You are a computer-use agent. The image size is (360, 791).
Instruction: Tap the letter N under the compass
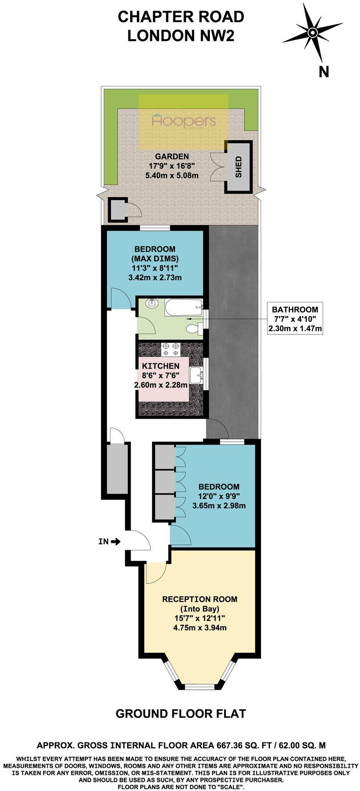click(323, 71)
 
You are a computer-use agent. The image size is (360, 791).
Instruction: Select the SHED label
click(239, 167)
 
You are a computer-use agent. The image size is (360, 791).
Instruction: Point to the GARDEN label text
click(172, 156)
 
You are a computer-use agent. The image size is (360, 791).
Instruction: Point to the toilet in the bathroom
click(193, 329)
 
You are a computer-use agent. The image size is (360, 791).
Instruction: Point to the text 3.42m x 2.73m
click(155, 277)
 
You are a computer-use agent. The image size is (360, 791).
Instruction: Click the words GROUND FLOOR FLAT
click(180, 714)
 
